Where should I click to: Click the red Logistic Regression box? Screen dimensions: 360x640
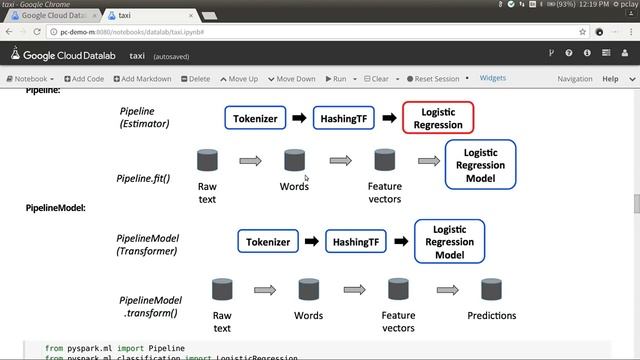[x=438, y=118]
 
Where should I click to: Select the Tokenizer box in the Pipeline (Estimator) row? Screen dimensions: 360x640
[x=256, y=118]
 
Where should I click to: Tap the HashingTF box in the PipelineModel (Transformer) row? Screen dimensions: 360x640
[x=357, y=242]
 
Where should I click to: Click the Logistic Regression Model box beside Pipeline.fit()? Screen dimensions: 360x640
[x=480, y=165]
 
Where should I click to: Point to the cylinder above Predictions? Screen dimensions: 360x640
[x=491, y=290]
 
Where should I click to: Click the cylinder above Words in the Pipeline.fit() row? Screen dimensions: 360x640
[x=294, y=160]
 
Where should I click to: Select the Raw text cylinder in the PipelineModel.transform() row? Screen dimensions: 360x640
[x=222, y=290]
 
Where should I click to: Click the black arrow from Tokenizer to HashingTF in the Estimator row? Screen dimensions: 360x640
[x=299, y=118]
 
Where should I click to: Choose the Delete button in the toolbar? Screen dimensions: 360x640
[x=195, y=79]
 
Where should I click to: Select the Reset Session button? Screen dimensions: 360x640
[x=433, y=79]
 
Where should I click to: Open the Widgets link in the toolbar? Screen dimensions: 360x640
[x=493, y=78]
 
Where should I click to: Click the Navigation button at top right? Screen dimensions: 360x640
[x=575, y=79]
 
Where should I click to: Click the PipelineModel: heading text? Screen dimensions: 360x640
[x=55, y=208]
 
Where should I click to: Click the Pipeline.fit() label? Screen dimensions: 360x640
[x=143, y=179]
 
